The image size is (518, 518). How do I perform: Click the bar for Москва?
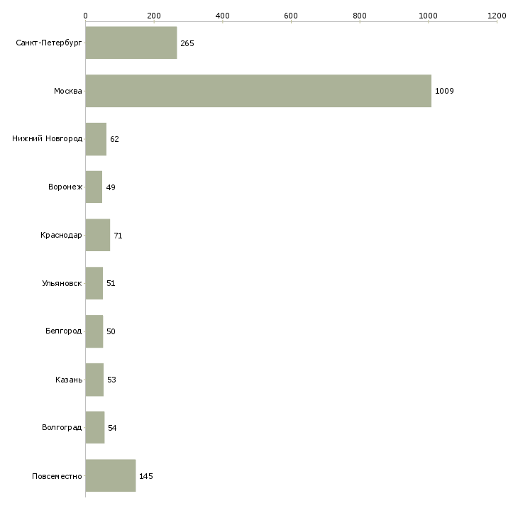coord(258,91)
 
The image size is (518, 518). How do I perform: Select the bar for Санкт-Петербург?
coord(131,43)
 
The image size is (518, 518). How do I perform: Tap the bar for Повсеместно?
coord(111,475)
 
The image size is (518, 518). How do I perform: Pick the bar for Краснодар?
coord(98,235)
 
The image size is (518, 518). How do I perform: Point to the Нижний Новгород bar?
coord(96,139)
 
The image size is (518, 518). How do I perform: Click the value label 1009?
coord(444,91)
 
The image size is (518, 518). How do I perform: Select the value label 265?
coord(187,43)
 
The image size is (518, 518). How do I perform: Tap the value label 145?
coord(146,476)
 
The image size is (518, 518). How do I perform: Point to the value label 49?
coord(111,187)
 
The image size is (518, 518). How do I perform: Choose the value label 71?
coord(118,236)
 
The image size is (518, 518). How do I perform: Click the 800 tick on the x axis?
coord(360,15)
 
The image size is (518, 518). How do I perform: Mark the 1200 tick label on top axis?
coord(497,15)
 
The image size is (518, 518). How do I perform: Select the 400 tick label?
coord(222,15)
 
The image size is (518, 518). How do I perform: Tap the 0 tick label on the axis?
coord(85,15)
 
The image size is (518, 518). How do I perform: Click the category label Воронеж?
coord(65,187)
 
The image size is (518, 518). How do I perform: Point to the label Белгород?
coord(63,331)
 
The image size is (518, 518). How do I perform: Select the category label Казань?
coord(68,380)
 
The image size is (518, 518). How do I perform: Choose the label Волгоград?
coord(62,428)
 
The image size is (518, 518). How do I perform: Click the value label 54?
coord(112,428)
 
